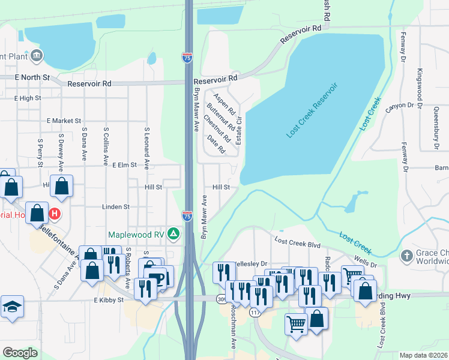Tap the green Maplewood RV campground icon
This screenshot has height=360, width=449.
(173, 234)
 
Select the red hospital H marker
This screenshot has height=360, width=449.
(55, 213)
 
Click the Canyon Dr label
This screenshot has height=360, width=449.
(400, 106)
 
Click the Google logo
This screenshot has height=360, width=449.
(20, 352)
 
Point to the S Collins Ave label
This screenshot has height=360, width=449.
(106, 146)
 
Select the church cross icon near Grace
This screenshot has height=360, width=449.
(406, 255)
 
